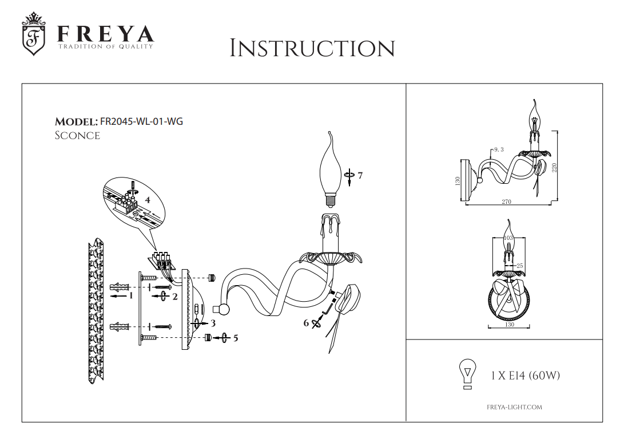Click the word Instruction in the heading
(x=312, y=49)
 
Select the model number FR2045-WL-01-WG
(x=141, y=121)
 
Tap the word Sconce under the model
(x=77, y=136)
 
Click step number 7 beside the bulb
(x=360, y=175)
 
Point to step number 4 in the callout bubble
(x=148, y=200)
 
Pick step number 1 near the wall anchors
(x=131, y=295)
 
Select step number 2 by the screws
(x=175, y=296)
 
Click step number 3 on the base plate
(x=213, y=323)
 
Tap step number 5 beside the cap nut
(x=236, y=338)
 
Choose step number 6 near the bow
(x=306, y=323)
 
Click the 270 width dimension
(x=506, y=202)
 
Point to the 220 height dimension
(x=555, y=167)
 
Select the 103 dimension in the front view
(x=507, y=238)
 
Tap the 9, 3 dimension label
(x=498, y=149)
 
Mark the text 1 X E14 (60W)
(x=525, y=376)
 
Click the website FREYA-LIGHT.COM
(x=514, y=407)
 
